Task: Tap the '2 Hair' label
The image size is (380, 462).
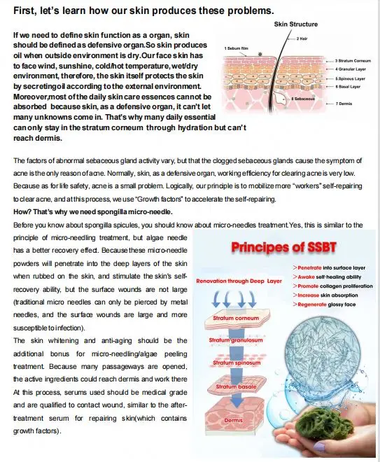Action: click(303, 38)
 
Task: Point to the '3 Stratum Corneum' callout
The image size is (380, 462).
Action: click(353, 61)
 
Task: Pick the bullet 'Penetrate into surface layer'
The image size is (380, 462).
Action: click(322, 268)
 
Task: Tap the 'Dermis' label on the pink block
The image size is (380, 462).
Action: click(233, 420)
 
